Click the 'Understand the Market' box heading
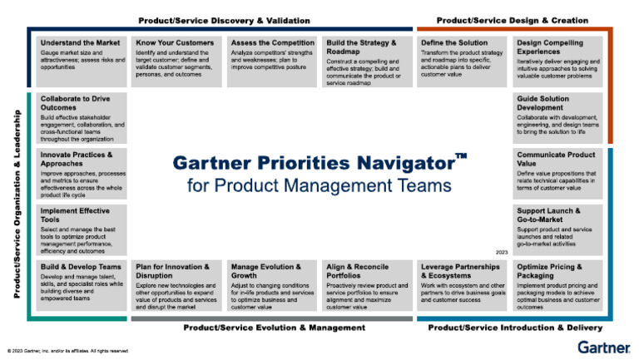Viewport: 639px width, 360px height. click(79, 42)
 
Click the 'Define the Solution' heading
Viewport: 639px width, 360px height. click(454, 42)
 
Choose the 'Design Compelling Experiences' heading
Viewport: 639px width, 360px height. click(550, 47)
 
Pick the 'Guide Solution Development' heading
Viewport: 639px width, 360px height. click(546, 103)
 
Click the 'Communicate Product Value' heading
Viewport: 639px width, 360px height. click(556, 160)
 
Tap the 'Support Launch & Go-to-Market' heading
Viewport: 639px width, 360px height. click(548, 215)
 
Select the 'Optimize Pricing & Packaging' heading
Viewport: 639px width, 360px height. click(550, 271)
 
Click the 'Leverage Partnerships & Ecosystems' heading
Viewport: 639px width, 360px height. click(461, 271)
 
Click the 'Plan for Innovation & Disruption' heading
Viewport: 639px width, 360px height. click(172, 271)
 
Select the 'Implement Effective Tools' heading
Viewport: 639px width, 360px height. click(75, 215)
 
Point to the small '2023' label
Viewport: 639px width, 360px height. click(501, 250)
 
